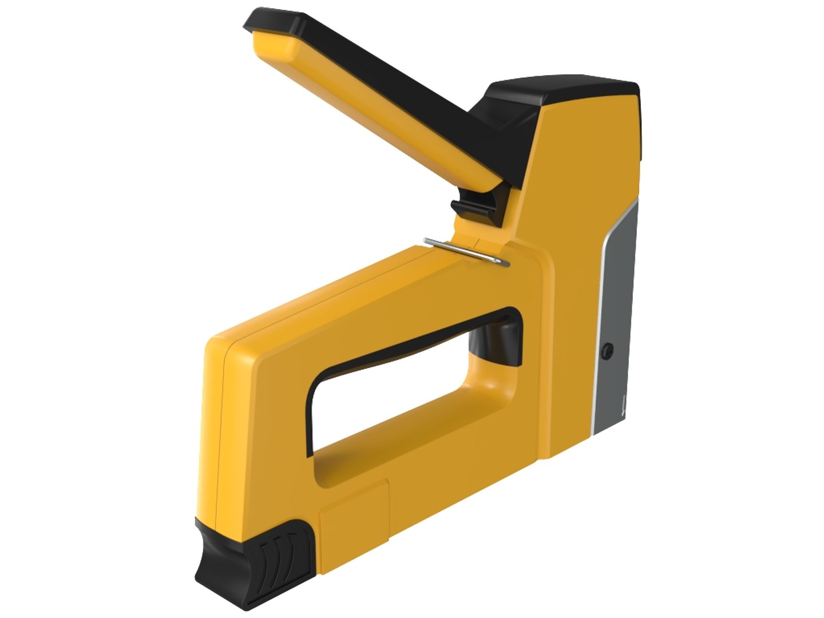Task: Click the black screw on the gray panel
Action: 609,350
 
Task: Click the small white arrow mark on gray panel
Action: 622,408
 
